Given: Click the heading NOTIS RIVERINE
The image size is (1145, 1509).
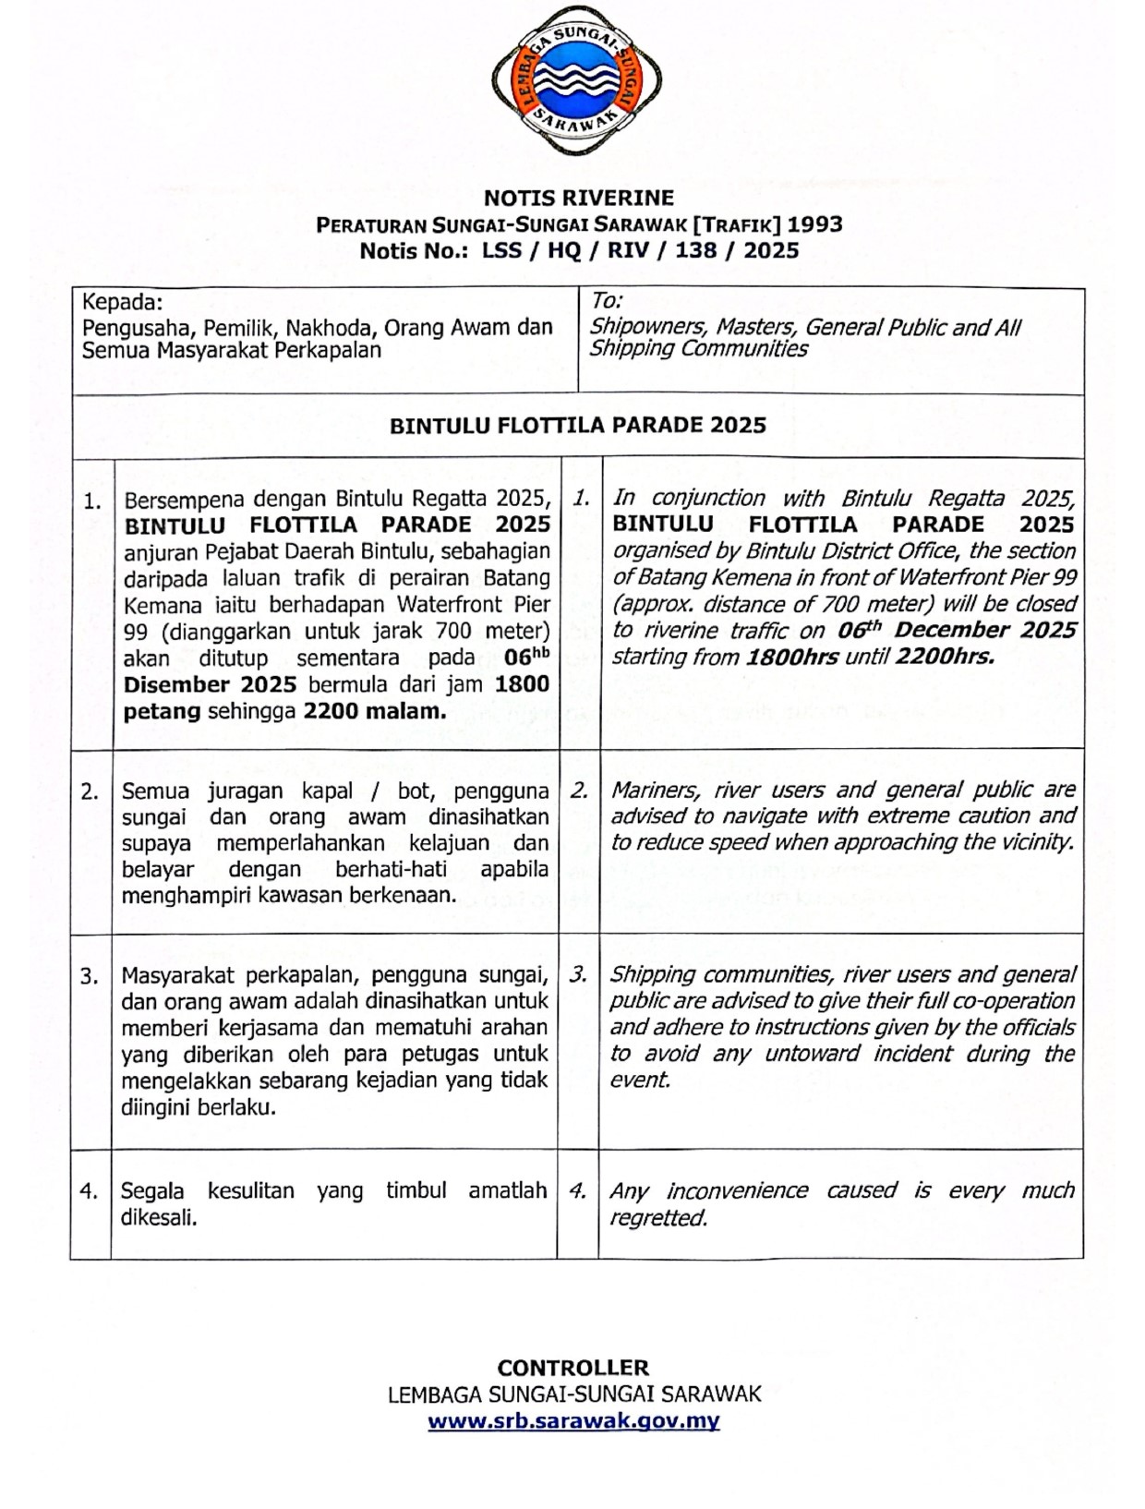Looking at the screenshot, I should (579, 198).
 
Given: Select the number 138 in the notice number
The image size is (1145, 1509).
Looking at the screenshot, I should (695, 250).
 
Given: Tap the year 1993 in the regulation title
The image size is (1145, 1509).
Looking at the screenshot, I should (814, 224).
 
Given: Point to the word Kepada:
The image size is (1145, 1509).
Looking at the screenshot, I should (122, 302).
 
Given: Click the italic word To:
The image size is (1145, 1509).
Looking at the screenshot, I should (607, 301).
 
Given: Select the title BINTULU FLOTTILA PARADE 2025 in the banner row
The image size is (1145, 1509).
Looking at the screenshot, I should (578, 425).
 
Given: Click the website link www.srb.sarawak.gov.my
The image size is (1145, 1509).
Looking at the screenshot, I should (573, 1421).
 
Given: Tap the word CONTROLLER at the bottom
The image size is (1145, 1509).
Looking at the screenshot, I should (572, 1368).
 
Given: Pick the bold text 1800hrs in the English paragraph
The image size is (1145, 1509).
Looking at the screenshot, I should (792, 658).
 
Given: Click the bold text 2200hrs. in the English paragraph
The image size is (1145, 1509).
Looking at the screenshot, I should (945, 658).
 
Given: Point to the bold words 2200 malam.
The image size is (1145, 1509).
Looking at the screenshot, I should (374, 711).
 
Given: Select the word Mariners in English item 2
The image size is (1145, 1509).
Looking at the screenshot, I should (655, 791).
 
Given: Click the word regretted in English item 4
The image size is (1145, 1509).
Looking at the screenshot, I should (657, 1218).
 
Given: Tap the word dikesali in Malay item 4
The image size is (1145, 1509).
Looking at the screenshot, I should (158, 1217).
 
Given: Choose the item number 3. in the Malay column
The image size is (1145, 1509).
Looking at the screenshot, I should (90, 976).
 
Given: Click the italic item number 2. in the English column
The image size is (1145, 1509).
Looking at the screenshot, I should (579, 791).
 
